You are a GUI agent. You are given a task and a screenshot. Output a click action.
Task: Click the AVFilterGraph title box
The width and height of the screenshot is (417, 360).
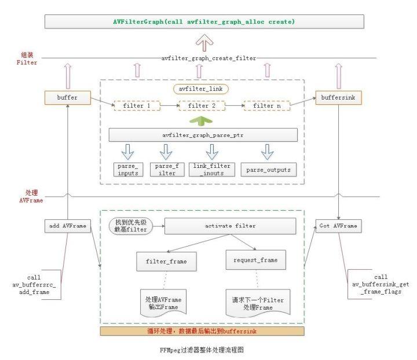pos(204,21)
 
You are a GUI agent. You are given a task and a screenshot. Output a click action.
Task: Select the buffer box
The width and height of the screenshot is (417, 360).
pos(68,98)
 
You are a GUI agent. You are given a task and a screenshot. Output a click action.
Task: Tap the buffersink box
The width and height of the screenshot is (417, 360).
pos(338,98)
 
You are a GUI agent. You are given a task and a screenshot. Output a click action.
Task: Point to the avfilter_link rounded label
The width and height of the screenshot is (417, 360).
pos(200,89)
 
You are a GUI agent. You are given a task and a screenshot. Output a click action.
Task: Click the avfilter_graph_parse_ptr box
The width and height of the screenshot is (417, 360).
pos(203,135)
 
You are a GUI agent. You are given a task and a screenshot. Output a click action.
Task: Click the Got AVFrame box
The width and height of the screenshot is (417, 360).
pos(338,226)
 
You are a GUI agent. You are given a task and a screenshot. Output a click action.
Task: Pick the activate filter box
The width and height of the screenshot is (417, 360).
pos(230,226)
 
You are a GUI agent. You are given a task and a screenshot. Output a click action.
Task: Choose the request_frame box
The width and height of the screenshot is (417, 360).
pos(255,260)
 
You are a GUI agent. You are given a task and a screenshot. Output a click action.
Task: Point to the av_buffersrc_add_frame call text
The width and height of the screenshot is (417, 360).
pos(34,285)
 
